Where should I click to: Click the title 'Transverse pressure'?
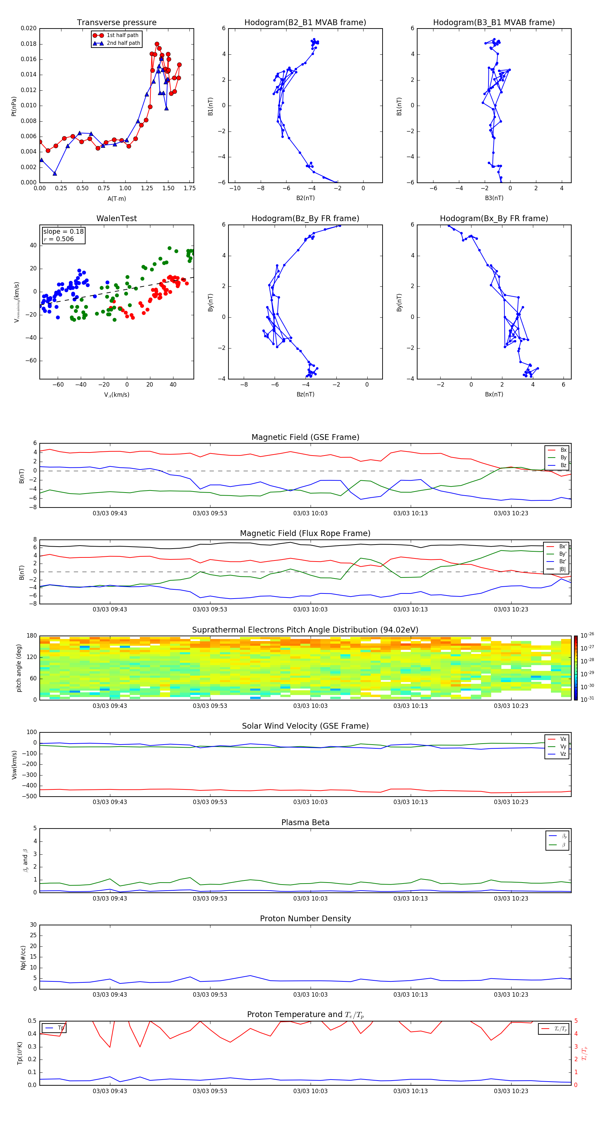pyautogui.click(x=116, y=23)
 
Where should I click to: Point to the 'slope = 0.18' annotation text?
pyautogui.click(x=63, y=232)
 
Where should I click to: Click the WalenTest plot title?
pyautogui.click(x=116, y=218)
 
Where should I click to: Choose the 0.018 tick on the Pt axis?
pyautogui.click(x=29, y=44)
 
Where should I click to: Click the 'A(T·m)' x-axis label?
pyautogui.click(x=116, y=199)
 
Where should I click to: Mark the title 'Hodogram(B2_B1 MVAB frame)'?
pyautogui.click(x=305, y=23)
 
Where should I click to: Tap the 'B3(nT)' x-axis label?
pyautogui.click(x=494, y=198)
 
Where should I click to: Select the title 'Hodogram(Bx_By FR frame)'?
pyautogui.click(x=494, y=218)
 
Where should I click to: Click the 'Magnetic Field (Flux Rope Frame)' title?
pyautogui.click(x=305, y=534)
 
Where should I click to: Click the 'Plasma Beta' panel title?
pyautogui.click(x=305, y=822)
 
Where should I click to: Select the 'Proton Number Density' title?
pyautogui.click(x=305, y=919)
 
